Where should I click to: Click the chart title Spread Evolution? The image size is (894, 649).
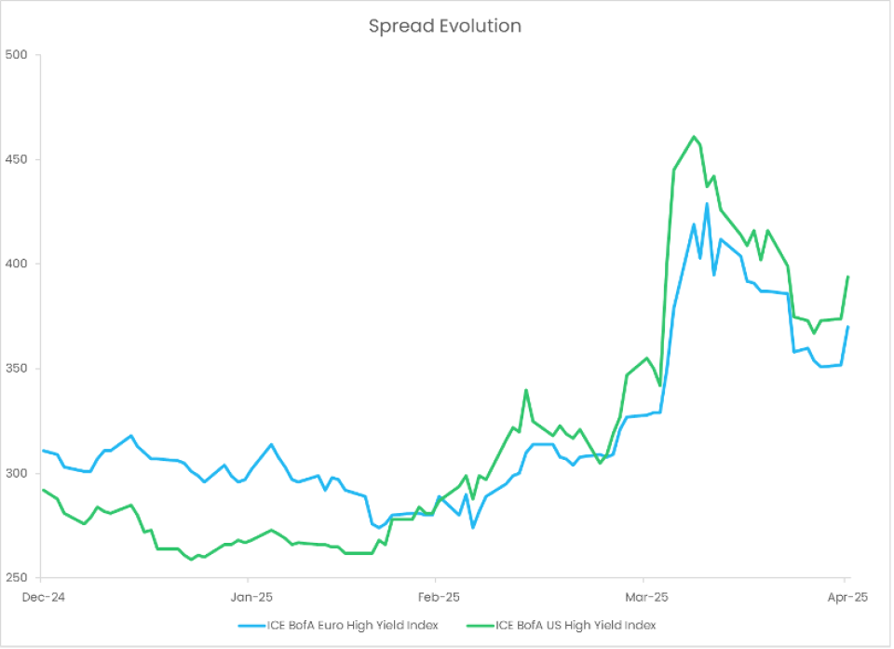pos(444,26)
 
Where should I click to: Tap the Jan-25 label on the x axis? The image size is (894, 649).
pos(251,598)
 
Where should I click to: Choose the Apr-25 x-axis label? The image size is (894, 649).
pos(845,598)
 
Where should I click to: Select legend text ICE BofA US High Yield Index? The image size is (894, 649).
pos(576,626)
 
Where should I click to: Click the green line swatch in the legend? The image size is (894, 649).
pos(479,626)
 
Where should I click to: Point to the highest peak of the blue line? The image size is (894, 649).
pos(707,204)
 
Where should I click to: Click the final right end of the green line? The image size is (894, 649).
pos(847,277)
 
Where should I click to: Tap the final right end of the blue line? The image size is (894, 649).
pos(847,327)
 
